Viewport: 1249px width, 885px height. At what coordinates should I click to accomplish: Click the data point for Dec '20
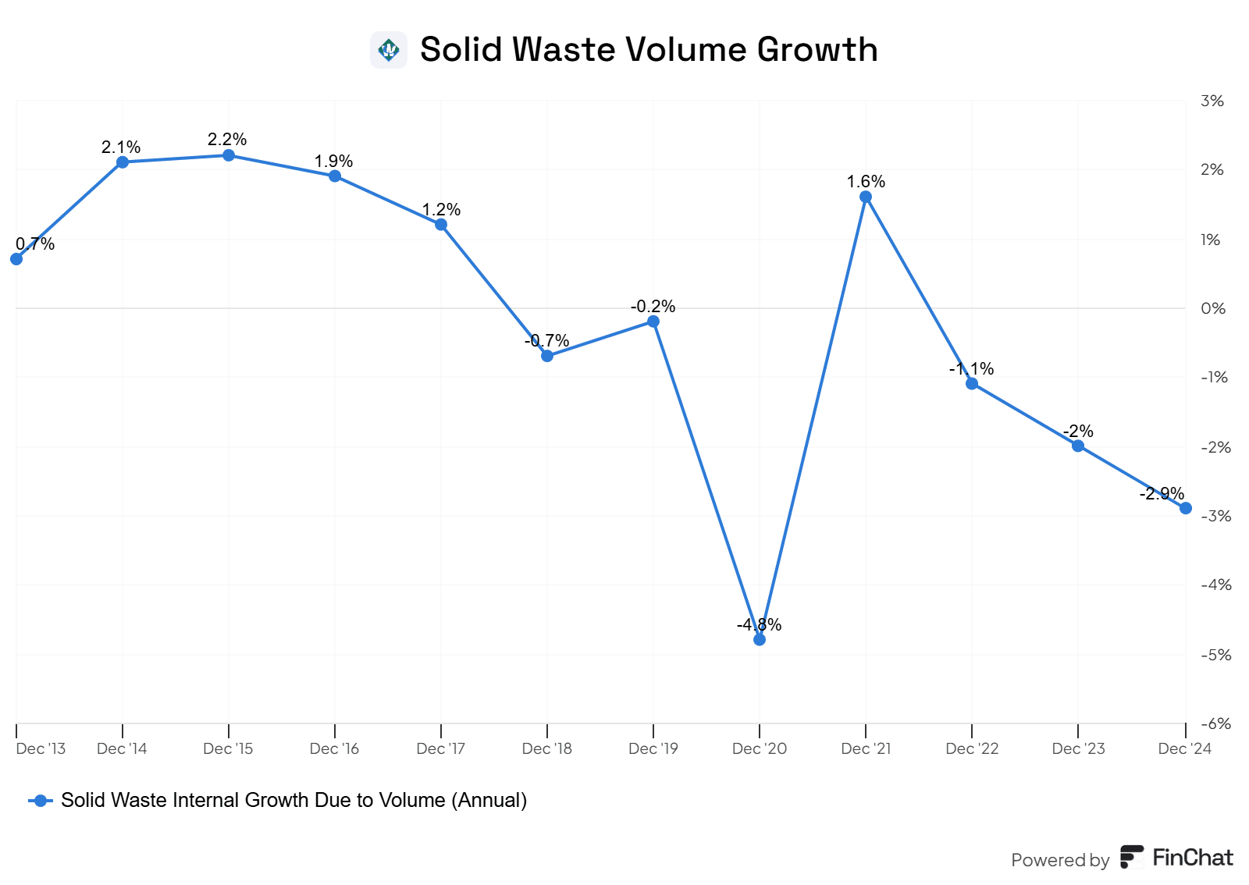point(760,639)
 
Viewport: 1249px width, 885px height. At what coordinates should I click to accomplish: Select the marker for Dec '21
point(866,197)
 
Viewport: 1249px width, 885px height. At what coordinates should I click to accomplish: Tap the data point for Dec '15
point(229,155)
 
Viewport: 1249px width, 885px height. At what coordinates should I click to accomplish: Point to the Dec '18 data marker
point(547,356)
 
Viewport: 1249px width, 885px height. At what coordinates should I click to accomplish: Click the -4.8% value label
point(759,624)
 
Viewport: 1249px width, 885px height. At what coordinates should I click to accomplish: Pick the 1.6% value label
point(866,181)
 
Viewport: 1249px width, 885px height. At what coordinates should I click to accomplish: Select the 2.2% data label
point(227,139)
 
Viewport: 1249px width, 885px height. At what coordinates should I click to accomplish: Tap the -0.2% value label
point(653,306)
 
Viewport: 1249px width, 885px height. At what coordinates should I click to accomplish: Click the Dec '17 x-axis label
point(441,748)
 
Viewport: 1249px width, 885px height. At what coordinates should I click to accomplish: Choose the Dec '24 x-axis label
point(1184,748)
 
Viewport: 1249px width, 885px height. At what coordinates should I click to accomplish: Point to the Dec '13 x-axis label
point(41,748)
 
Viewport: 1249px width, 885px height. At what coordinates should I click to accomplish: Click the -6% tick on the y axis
point(1215,723)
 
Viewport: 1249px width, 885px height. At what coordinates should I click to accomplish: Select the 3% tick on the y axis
point(1212,101)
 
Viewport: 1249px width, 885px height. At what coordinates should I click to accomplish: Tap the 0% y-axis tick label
point(1213,308)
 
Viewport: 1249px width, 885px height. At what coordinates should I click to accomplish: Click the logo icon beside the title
point(389,50)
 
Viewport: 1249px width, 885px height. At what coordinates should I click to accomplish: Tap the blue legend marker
point(41,801)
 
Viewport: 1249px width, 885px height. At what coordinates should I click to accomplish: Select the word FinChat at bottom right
point(1193,858)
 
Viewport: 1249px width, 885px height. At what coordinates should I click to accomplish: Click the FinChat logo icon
point(1131,857)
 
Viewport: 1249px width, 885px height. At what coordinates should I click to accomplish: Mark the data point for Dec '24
point(1185,508)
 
